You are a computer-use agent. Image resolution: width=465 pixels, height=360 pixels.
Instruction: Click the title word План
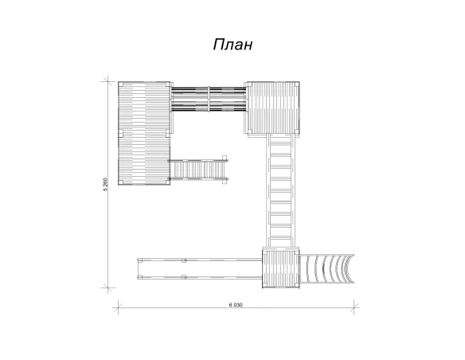point(232,45)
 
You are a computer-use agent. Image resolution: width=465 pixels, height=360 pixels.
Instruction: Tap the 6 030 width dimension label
point(236,305)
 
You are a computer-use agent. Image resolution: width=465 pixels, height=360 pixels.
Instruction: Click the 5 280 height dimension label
point(105,184)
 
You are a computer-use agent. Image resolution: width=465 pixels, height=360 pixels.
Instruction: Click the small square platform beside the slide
point(280,268)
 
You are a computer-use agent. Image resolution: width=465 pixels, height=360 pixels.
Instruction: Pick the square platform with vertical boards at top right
point(273,108)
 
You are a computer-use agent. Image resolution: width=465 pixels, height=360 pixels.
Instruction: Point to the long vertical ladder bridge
point(280,190)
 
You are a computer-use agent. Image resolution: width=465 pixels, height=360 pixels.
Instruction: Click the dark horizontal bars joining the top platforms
point(209,99)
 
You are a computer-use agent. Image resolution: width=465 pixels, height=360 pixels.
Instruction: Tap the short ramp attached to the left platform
point(198,170)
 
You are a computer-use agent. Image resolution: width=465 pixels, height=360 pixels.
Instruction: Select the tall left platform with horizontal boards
point(144,134)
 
